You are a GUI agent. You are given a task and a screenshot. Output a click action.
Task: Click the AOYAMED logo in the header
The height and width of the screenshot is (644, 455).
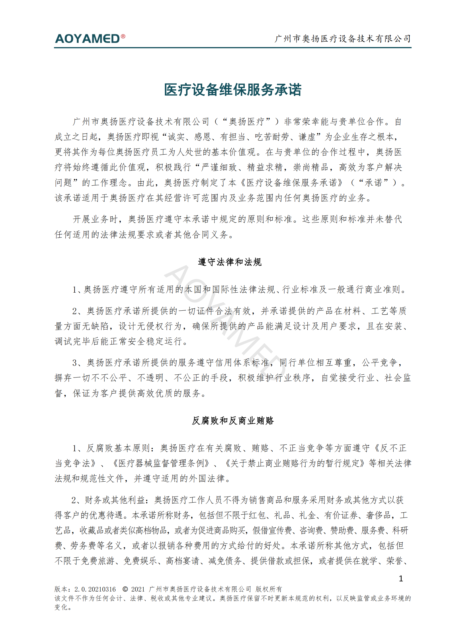pyautogui.click(x=87, y=39)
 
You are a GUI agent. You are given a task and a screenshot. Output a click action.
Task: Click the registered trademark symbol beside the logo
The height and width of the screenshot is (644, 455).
pyautogui.click(x=123, y=36)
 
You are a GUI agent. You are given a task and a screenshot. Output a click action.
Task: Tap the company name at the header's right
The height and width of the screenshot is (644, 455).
pyautogui.click(x=343, y=38)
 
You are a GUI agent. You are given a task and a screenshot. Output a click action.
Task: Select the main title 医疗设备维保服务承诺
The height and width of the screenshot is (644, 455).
pyautogui.click(x=233, y=90)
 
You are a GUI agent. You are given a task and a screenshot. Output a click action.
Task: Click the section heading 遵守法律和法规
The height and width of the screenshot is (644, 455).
pyautogui.click(x=230, y=262)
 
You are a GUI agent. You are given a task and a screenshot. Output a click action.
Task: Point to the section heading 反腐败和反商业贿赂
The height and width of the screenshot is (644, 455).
pyautogui.click(x=233, y=421)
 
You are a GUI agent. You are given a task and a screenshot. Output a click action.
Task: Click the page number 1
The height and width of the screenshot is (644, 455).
pyautogui.click(x=401, y=579)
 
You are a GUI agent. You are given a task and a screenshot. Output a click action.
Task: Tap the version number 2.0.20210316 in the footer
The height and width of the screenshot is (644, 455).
pyautogui.click(x=95, y=589)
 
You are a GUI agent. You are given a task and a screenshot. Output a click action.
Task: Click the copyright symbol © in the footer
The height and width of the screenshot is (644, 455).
pyautogui.click(x=125, y=589)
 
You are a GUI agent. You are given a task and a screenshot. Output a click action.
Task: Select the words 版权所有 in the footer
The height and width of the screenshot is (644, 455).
pyautogui.click(x=269, y=589)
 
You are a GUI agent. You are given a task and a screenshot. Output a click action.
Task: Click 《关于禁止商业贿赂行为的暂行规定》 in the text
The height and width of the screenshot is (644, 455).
pyautogui.click(x=295, y=463)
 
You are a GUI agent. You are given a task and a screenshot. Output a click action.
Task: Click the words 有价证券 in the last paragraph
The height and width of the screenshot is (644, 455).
pyautogui.click(x=341, y=515)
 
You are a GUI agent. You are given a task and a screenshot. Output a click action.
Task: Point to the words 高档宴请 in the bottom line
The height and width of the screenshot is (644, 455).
pyautogui.click(x=182, y=561)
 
